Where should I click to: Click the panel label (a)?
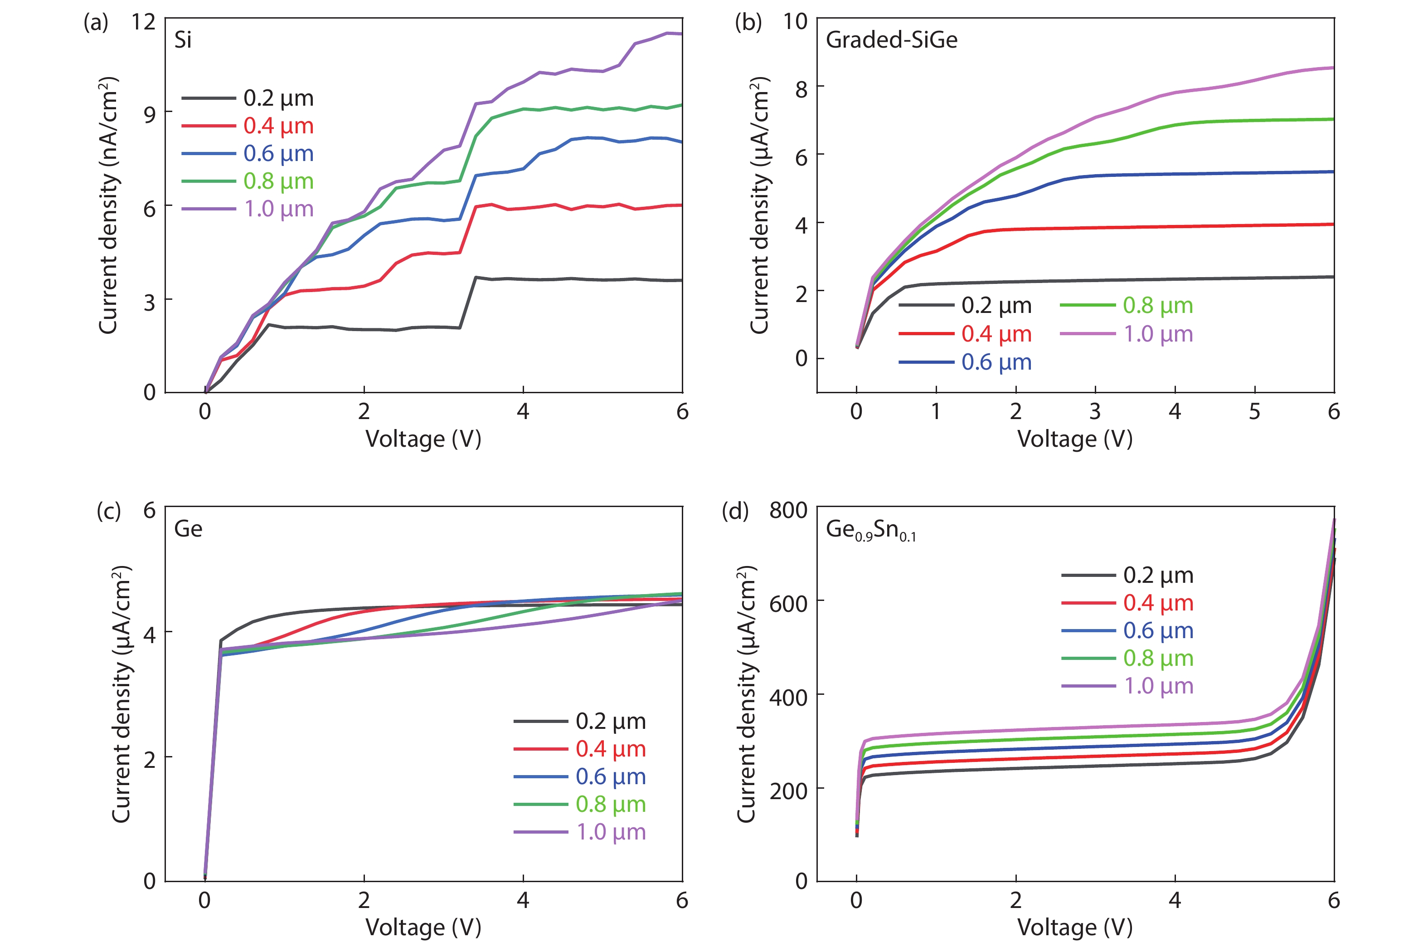pyautogui.click(x=96, y=23)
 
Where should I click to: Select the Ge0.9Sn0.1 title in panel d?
pyautogui.click(x=871, y=530)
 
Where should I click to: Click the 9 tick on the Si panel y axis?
pyautogui.click(x=150, y=114)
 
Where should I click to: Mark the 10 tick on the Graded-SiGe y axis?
pyautogui.click(x=795, y=22)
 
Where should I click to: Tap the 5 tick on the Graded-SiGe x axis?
pyautogui.click(x=1254, y=411)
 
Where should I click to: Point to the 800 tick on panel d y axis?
pyautogui.click(x=788, y=510)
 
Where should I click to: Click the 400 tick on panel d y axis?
pyautogui.click(x=788, y=698)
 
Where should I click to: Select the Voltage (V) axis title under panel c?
pyautogui.click(x=423, y=927)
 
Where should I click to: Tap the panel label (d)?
pyautogui.click(x=735, y=511)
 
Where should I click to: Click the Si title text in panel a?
pyautogui.click(x=183, y=40)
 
